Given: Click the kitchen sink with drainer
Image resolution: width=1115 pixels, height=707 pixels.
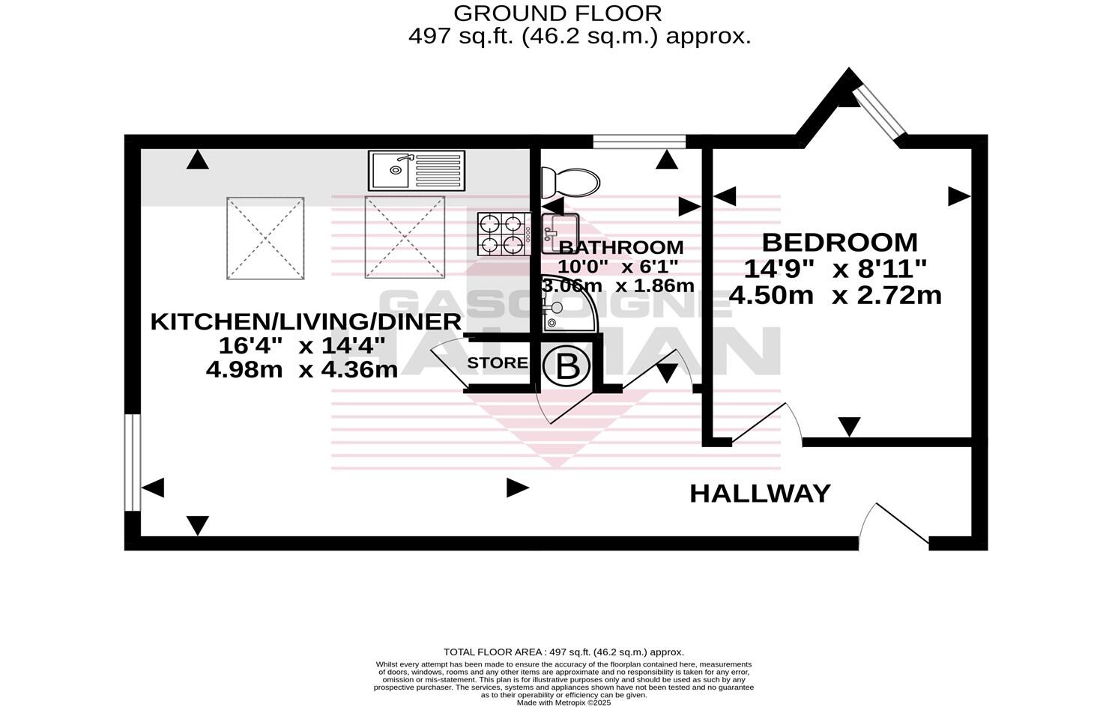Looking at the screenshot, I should point(417,170).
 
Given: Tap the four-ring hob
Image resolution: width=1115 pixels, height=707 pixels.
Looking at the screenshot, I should point(503,234).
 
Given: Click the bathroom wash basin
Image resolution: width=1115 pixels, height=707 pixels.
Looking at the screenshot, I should point(560,228).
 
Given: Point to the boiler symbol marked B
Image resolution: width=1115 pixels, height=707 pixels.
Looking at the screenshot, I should point(567,366).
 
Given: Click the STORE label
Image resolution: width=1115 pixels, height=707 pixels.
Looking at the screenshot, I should point(498,363).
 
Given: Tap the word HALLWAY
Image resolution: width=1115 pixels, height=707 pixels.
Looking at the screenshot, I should point(759,494).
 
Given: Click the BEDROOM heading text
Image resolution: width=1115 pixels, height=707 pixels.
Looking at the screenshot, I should point(839,243).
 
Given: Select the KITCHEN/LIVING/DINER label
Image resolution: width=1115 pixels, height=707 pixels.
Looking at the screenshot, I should point(306,322).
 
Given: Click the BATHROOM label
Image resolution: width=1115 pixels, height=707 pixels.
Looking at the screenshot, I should point(621,247).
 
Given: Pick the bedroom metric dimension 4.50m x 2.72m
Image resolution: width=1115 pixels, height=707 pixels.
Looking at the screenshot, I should point(835,295).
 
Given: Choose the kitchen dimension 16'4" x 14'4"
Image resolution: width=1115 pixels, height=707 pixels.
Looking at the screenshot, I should point(302,346).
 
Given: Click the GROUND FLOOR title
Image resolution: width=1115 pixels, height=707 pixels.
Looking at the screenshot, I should point(557,13).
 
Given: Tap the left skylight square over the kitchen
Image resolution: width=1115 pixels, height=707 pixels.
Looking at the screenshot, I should point(265,238).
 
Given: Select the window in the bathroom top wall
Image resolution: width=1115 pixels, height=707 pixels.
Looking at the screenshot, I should point(639,141).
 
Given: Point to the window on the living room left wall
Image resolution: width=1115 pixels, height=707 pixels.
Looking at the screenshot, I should point(133,461).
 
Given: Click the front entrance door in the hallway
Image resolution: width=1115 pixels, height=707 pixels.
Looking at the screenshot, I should point(895,524).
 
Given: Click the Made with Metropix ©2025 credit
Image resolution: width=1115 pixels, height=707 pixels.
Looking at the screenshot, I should point(564,703).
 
